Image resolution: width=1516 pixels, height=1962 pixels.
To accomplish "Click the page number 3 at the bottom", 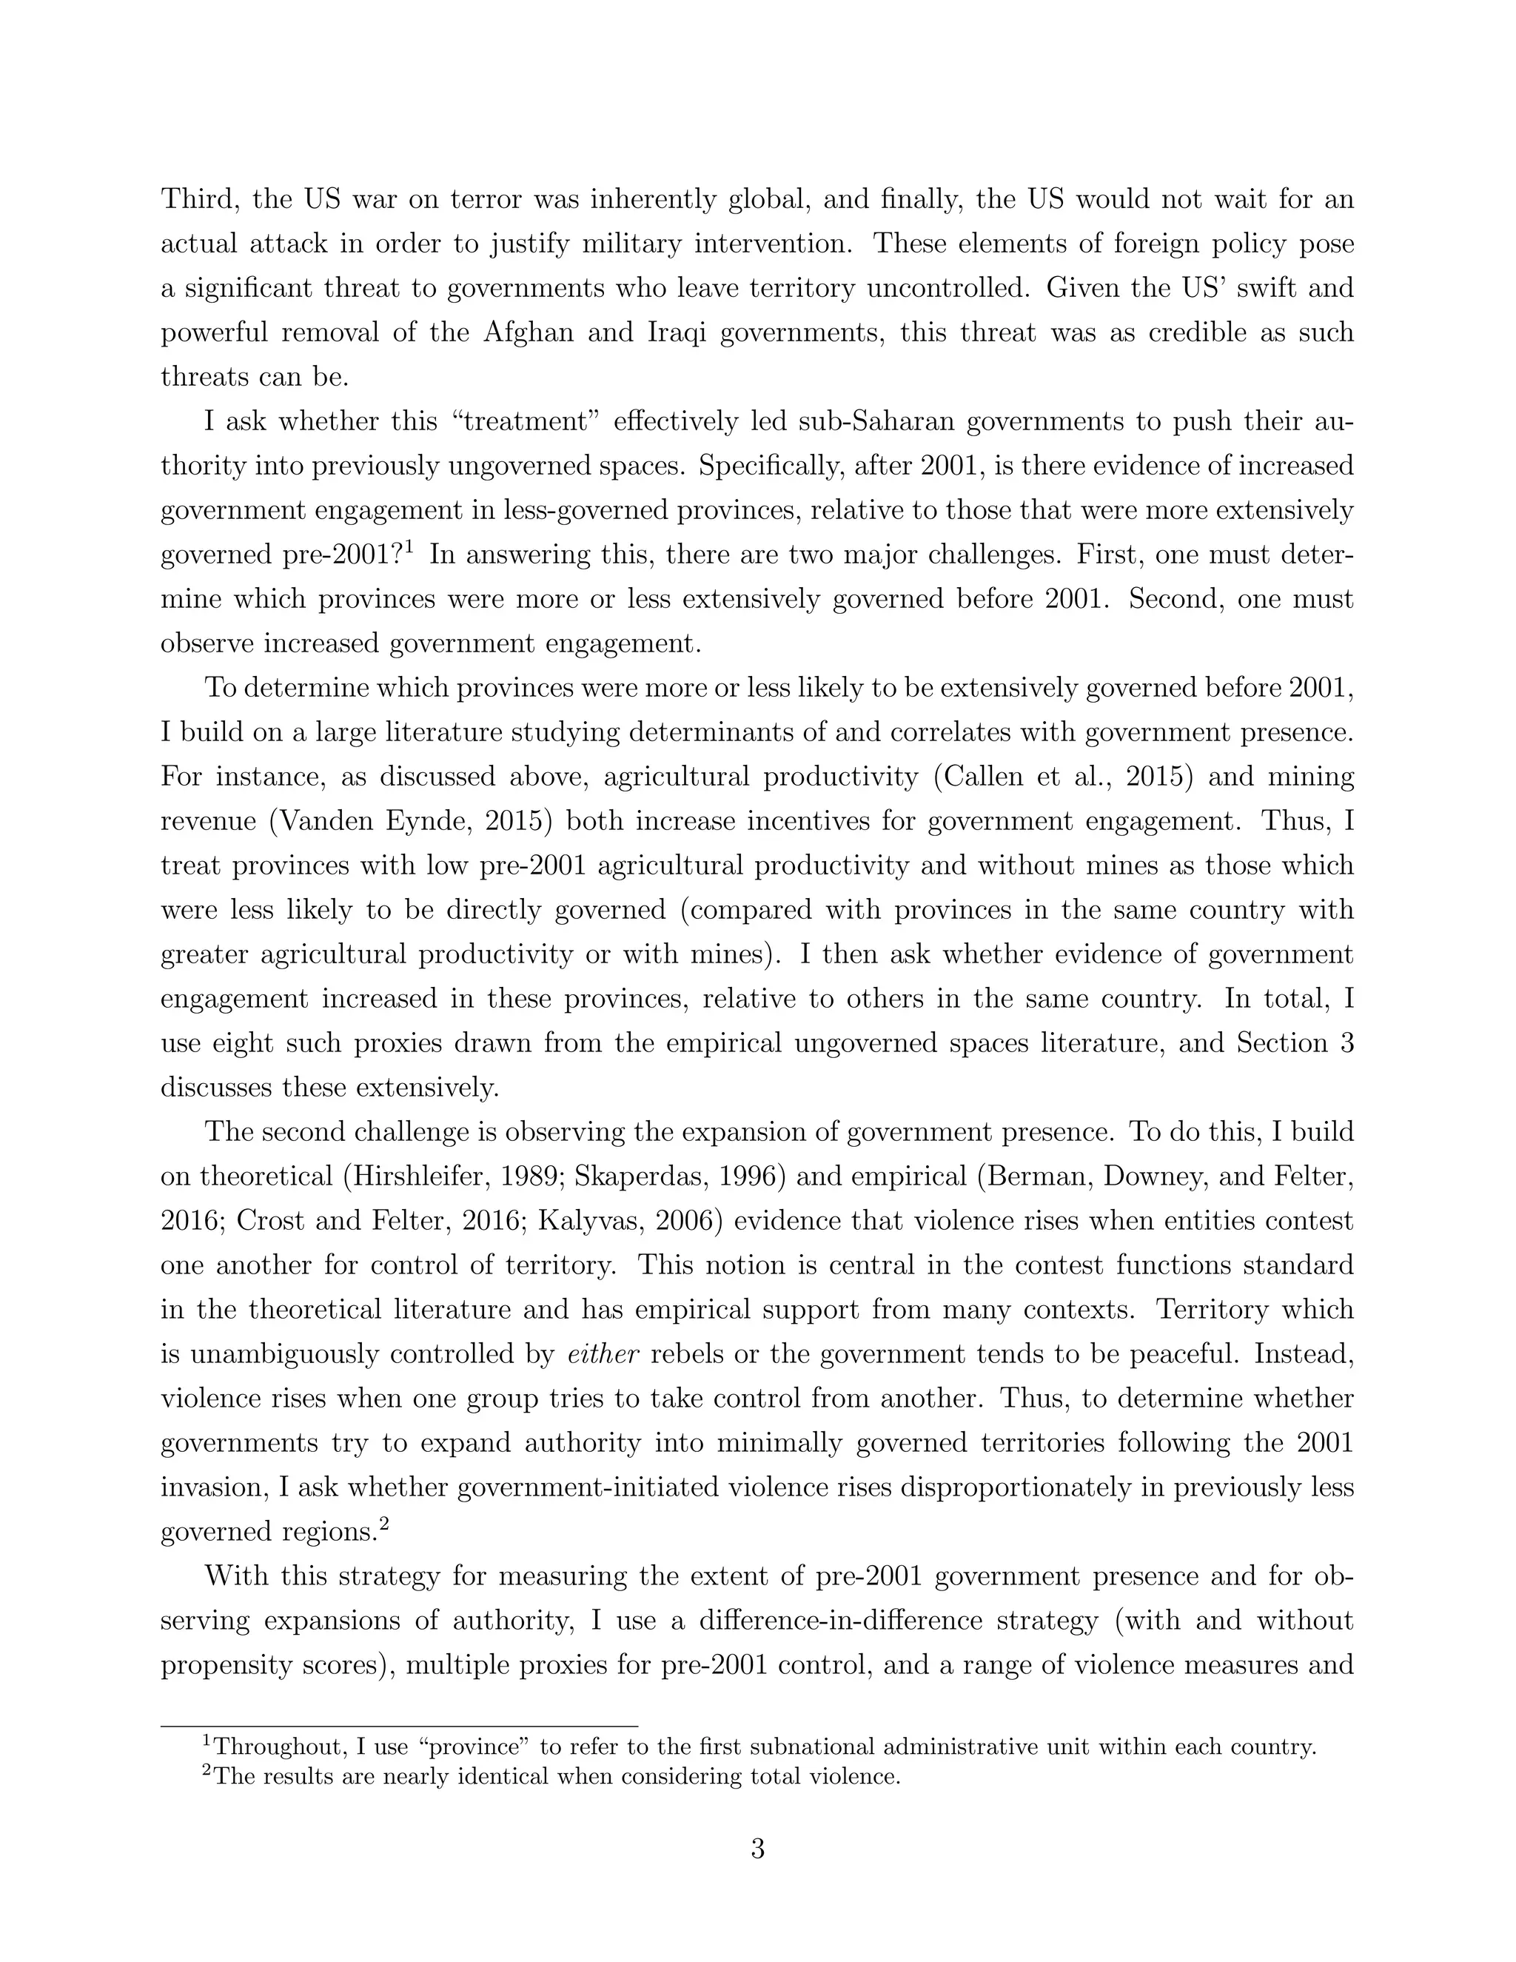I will pos(757,1849).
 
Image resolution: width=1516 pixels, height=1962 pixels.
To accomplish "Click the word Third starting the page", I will pos(199,198).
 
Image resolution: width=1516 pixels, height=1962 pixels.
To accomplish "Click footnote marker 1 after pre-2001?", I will pos(408,546).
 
